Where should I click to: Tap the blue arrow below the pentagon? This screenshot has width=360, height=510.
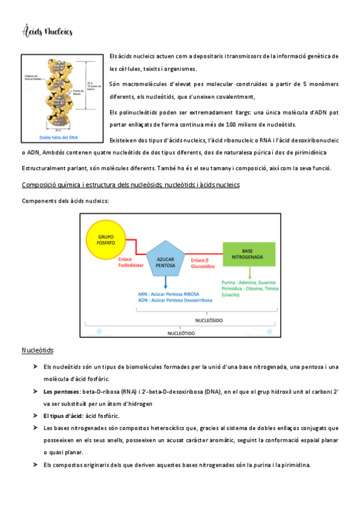pos(165,283)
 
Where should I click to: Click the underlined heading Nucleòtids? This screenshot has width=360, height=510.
pos(38,350)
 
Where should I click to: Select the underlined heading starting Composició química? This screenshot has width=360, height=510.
pos(130,185)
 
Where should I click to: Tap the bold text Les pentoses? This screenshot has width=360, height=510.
pos(61,392)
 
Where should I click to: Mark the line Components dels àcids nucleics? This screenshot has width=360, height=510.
pos(65,201)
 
